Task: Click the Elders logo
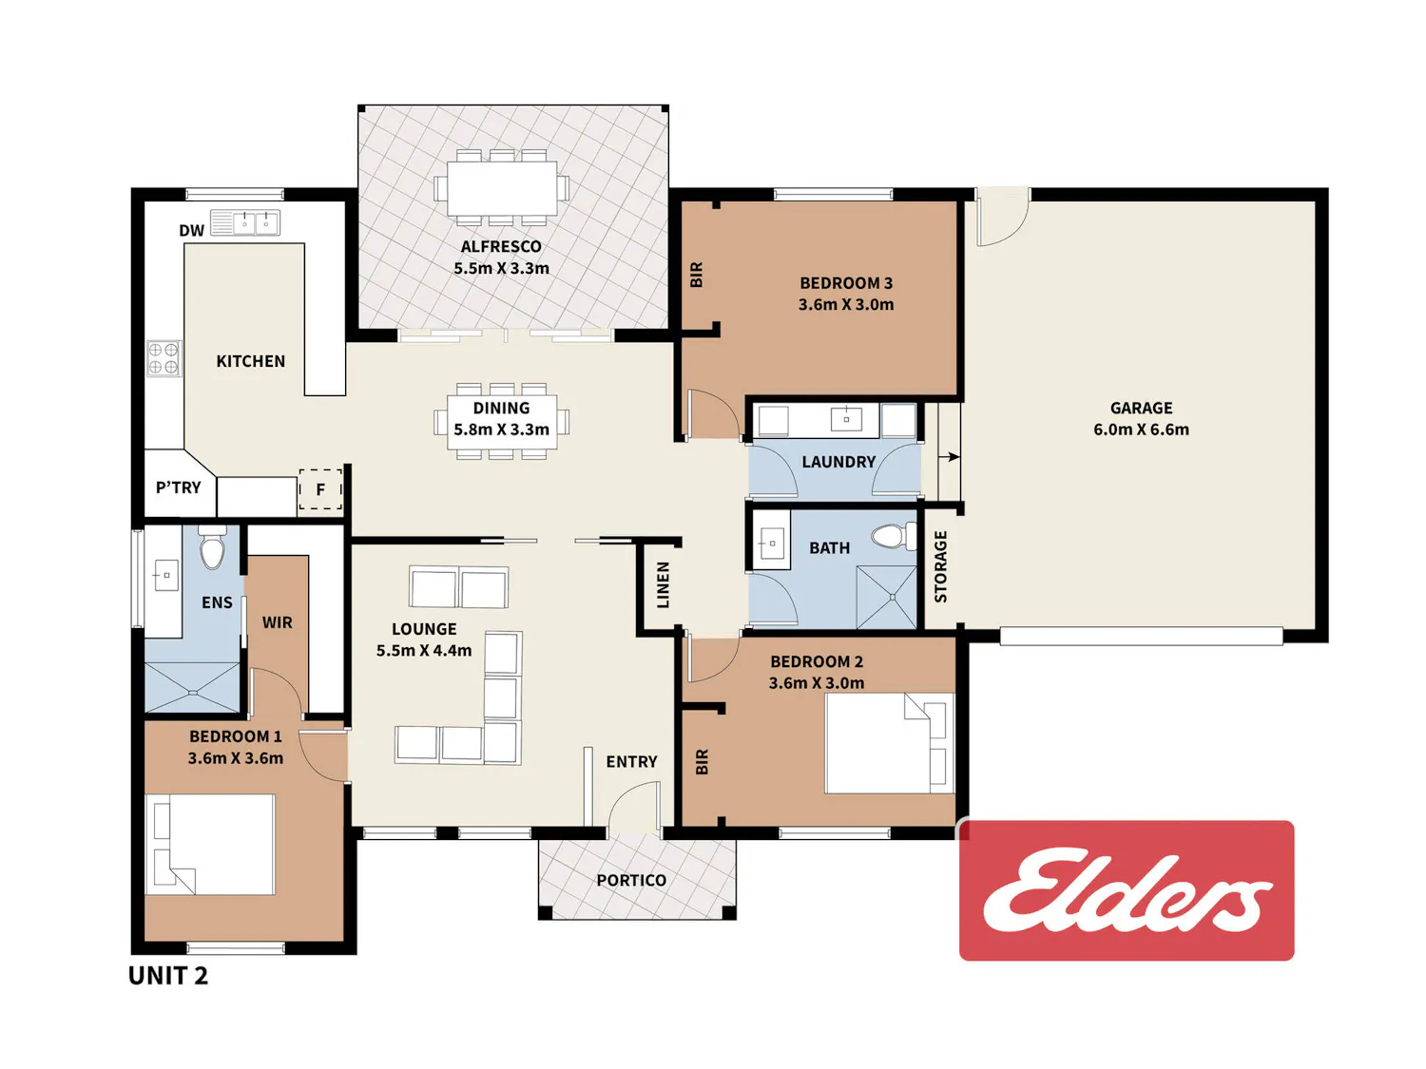pyautogui.click(x=1126, y=889)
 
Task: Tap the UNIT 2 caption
pyautogui.click(x=168, y=976)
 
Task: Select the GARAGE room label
pyautogui.click(x=1141, y=408)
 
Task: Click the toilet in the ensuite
pyautogui.click(x=212, y=548)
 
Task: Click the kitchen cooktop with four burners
pyautogui.click(x=164, y=357)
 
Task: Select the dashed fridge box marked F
pyautogui.click(x=320, y=488)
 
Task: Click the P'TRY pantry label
pyautogui.click(x=179, y=487)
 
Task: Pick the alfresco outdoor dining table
pyautogui.click(x=502, y=188)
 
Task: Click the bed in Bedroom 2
pyautogui.click(x=890, y=743)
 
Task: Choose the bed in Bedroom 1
pyautogui.click(x=210, y=845)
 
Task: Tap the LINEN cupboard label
pyautogui.click(x=663, y=584)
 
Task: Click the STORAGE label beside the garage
pyautogui.click(x=941, y=566)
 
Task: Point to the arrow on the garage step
pyautogui.click(x=950, y=457)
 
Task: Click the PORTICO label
pyautogui.click(x=631, y=880)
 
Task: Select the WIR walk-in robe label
pyautogui.click(x=278, y=622)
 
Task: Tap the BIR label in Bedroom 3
pyautogui.click(x=696, y=275)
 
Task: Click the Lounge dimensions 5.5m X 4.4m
pyautogui.click(x=424, y=650)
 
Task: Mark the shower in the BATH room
pyautogui.click(x=886, y=597)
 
